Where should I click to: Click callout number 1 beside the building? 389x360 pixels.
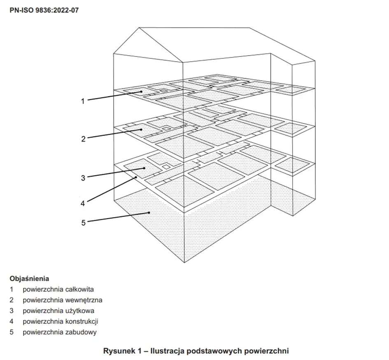(83, 101)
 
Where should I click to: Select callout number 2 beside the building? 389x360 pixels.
(83, 139)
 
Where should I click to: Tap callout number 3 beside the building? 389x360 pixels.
(83, 178)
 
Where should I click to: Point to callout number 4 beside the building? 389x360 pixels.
(83, 203)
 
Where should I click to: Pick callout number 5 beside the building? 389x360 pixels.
(83, 222)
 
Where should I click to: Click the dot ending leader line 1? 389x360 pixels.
(141, 91)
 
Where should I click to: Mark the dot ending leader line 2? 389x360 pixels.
(141, 129)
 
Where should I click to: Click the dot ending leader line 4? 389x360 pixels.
(136, 178)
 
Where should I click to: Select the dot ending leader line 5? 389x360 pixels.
(149, 213)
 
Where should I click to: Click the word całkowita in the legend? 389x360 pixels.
(80, 289)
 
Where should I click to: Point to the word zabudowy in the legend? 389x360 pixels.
(81, 332)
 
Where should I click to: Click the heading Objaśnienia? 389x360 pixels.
(29, 278)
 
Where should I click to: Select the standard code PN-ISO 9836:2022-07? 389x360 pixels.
(44, 9)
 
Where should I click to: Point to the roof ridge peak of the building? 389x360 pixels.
(140, 28)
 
